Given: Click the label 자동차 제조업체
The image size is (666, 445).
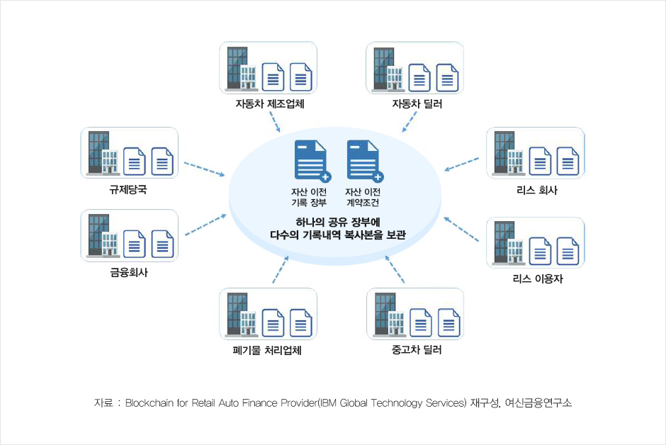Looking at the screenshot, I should [270, 104].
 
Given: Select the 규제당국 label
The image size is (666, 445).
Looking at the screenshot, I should [129, 190].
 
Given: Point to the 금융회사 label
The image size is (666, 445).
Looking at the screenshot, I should [129, 271].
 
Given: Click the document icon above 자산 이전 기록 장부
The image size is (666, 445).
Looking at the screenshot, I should [310, 161].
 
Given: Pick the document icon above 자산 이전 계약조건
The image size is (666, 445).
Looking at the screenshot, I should [363, 161].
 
